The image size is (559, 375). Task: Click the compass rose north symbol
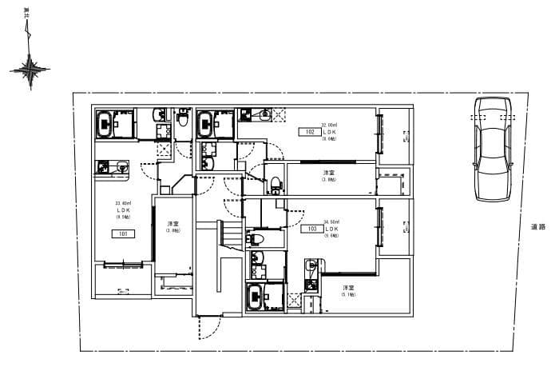(29, 70)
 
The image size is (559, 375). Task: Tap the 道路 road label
(538, 227)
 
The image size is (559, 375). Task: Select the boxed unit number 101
(124, 234)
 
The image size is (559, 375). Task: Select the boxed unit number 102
(310, 132)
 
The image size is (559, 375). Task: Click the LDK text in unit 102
(329, 132)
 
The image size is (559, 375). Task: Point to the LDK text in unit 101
(124, 211)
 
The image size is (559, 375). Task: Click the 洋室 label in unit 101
(172, 223)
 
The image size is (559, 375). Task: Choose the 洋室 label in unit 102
(328, 173)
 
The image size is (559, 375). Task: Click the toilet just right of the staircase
(257, 239)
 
